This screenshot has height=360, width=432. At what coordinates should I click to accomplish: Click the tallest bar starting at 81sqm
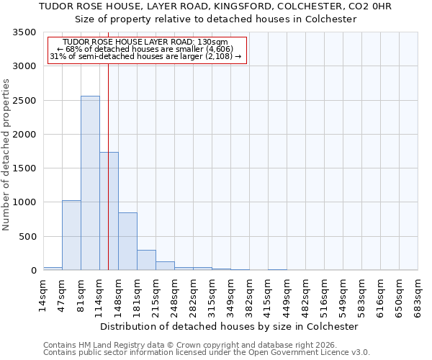90,183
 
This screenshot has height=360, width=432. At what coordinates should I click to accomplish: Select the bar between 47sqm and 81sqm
71,235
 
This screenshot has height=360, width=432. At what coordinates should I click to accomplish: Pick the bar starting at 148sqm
127,241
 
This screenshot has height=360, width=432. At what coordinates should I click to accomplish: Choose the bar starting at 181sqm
146,260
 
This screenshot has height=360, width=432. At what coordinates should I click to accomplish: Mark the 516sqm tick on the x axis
325,297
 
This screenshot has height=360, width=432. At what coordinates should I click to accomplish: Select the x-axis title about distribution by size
230,326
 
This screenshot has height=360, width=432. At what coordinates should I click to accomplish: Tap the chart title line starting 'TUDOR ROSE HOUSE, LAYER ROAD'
215,6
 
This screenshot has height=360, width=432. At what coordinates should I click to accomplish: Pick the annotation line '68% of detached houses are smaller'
147,50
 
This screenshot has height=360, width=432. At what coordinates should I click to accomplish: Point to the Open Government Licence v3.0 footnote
207,353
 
